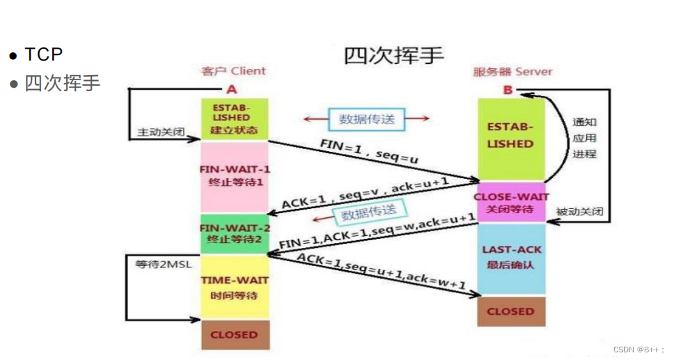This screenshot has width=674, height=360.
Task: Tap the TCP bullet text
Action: point(44,55)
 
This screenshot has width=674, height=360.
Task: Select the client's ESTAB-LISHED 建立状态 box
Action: point(234,119)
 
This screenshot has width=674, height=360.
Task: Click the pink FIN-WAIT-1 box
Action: point(234,177)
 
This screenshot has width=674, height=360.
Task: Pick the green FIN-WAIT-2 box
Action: point(234,233)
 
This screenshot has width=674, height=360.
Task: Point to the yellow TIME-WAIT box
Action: point(234,286)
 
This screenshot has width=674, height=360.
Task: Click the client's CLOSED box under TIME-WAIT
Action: point(234,334)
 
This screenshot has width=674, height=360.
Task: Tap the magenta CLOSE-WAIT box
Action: point(510,203)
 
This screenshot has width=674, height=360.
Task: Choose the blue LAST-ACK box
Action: point(510,257)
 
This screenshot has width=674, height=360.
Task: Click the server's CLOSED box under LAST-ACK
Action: point(510,311)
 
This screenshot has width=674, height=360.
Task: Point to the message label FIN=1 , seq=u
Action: point(369,152)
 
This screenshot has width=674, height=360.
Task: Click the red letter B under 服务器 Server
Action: point(508,90)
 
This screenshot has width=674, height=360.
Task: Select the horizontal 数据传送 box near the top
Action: point(366,119)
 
